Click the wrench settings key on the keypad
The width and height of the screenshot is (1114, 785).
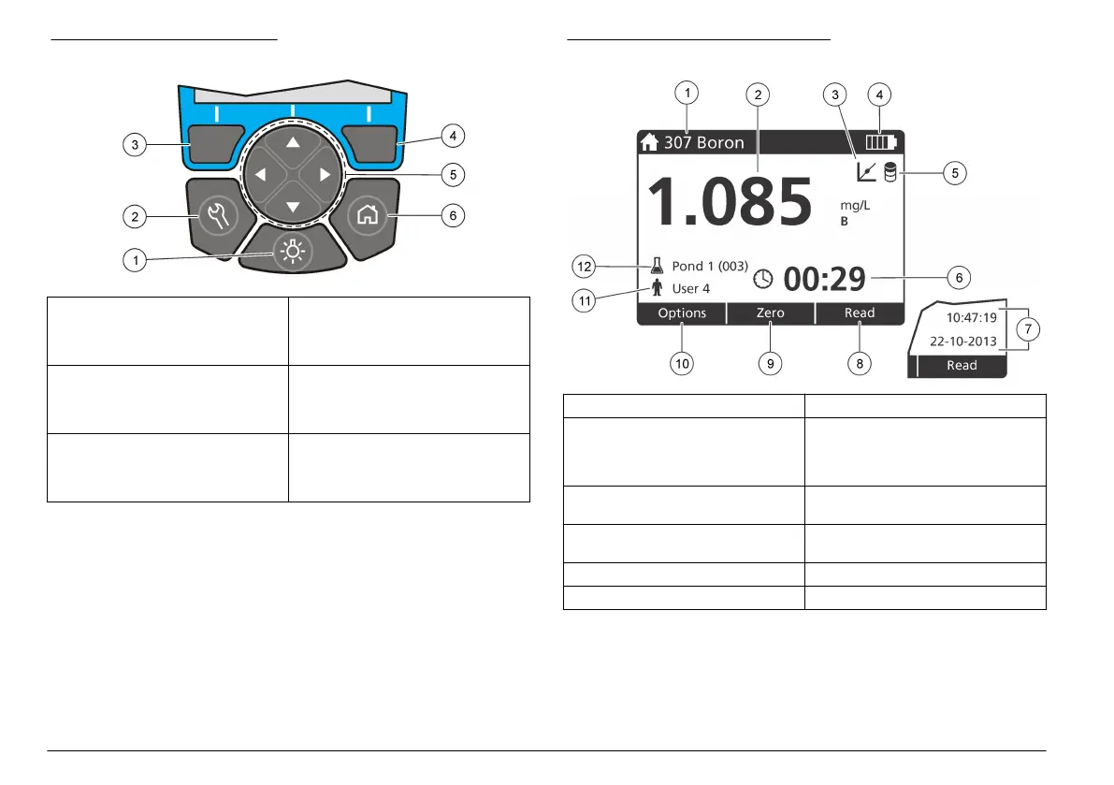pos(217,216)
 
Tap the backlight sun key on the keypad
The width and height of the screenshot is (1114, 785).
pos(294,250)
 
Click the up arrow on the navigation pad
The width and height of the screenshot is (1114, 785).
pos(294,142)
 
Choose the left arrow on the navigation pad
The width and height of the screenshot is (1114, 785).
pos(261,175)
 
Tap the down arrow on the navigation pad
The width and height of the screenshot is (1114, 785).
pos(294,207)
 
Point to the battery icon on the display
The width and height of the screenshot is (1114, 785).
pos(881,143)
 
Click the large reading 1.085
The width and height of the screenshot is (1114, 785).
pos(730,202)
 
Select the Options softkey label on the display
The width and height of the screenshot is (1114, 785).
pos(682,313)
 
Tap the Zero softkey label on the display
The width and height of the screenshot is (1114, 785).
pos(771,313)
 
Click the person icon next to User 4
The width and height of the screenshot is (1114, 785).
pos(657,288)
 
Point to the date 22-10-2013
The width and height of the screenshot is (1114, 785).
pos(962,342)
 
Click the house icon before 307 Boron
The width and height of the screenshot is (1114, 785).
pos(650,143)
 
